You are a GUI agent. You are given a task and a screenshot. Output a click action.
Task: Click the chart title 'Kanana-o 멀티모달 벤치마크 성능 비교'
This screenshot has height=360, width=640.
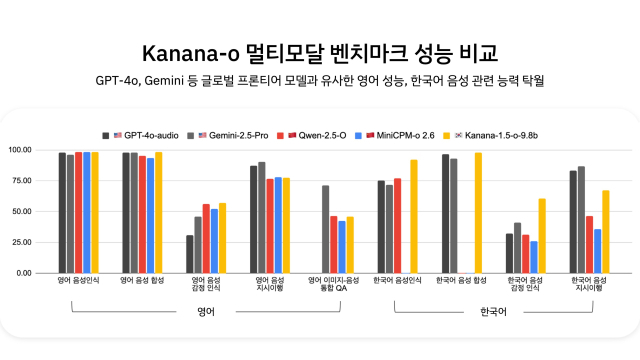point(320,51)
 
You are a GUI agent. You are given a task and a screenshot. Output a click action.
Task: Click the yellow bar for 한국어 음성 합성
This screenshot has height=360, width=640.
point(478,213)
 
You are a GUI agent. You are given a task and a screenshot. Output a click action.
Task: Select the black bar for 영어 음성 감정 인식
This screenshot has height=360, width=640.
point(190,254)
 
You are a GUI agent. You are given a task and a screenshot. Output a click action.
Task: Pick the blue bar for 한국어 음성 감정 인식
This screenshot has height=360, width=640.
point(534,257)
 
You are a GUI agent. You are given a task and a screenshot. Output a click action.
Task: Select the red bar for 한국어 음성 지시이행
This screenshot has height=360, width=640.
point(589,244)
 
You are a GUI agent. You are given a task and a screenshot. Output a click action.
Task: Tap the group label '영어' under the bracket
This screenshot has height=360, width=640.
point(206,313)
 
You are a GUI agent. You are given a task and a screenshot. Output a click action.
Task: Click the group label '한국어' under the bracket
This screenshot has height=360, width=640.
point(494,313)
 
